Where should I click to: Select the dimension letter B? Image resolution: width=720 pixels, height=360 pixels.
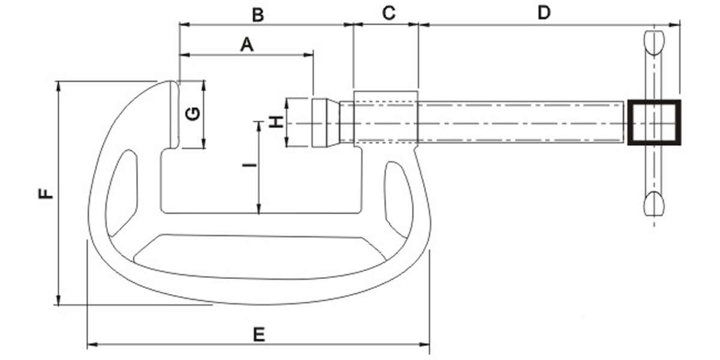pyautogui.click(x=257, y=15)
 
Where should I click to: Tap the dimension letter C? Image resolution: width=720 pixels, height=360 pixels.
pyautogui.click(x=389, y=14)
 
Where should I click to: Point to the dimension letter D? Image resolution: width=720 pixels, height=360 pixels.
pyautogui.click(x=544, y=13)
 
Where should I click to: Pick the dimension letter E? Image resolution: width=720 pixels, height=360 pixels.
pyautogui.click(x=259, y=334)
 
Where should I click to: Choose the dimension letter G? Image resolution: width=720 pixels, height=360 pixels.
pyautogui.click(x=192, y=113)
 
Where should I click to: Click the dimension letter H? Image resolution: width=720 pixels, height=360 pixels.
pyautogui.click(x=275, y=123)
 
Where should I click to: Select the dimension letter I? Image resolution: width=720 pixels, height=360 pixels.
pyautogui.click(x=252, y=164)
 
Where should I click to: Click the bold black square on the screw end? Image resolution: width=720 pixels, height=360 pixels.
pyautogui.click(x=654, y=123)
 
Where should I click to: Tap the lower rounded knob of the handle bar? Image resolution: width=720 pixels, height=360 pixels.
pyautogui.click(x=653, y=204)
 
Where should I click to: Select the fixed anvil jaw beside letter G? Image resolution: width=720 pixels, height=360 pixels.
pyautogui.click(x=173, y=114)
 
